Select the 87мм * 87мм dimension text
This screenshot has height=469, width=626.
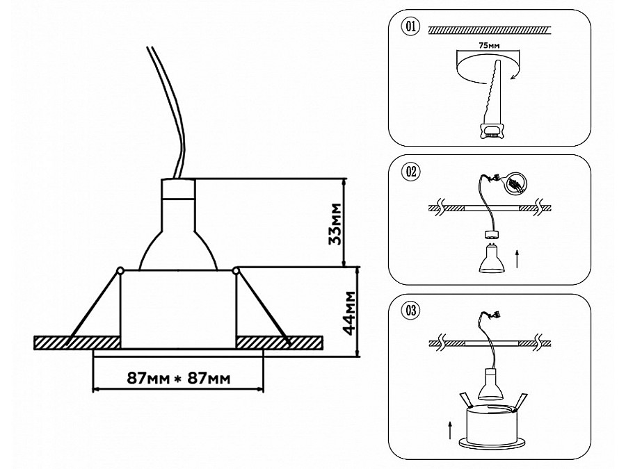(x=178, y=378)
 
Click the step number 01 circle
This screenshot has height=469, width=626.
(x=410, y=28)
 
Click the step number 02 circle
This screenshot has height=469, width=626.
(x=410, y=172)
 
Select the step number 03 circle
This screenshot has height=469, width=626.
(x=410, y=311)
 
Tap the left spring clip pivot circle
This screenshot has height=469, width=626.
(x=121, y=269)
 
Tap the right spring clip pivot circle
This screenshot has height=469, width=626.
(x=236, y=269)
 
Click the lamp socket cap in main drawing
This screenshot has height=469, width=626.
(x=178, y=188)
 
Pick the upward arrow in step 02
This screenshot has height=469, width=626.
(x=517, y=261)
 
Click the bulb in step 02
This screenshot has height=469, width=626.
(x=489, y=258)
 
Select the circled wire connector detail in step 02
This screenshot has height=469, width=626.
(x=515, y=183)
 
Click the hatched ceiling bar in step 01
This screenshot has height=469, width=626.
(x=490, y=30)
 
